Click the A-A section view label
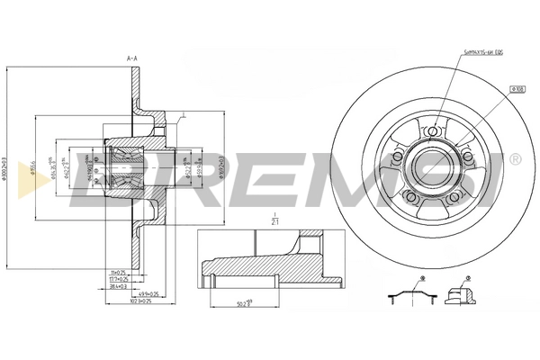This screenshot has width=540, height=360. coord(132,58)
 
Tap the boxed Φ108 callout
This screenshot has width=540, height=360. coord(518,89)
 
